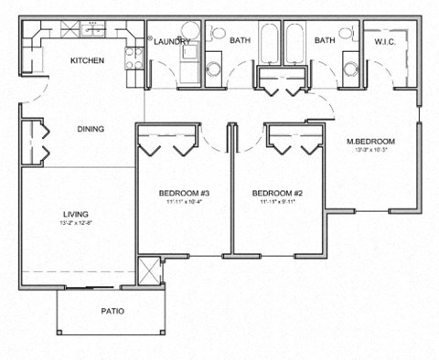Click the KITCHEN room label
(88, 61)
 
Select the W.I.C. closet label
(383, 41)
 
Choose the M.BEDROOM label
(369, 142)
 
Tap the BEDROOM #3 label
(185, 193)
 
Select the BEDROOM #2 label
(276, 193)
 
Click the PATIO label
(112, 312)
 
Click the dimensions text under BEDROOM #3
(185, 203)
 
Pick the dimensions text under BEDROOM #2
(276, 203)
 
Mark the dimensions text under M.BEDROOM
(369, 152)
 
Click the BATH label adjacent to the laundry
(240, 41)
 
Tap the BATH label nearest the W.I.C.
(326, 41)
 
